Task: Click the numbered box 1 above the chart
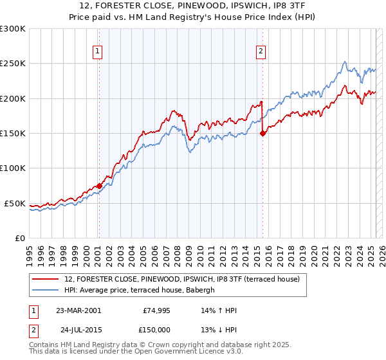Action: point(97,53)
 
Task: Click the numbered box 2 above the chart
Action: point(261,53)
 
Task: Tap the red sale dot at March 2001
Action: point(99,186)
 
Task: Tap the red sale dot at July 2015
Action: point(262,133)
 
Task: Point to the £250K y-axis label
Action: point(13,64)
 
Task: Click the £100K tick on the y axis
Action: point(13,168)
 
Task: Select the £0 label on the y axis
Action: point(20,238)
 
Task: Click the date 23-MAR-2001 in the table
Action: point(78,310)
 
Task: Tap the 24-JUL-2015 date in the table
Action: point(80,329)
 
